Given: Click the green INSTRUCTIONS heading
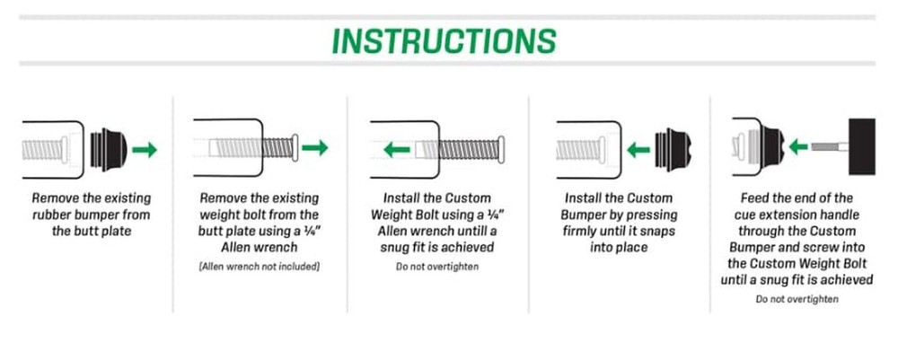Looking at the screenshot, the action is [x=444, y=40].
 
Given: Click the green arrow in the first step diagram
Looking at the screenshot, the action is [x=145, y=150].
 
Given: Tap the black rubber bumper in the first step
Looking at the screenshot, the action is [x=109, y=150].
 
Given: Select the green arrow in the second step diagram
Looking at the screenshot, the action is [x=315, y=147].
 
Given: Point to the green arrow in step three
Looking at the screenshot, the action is [x=397, y=150].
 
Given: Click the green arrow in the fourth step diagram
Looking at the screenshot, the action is [x=638, y=151].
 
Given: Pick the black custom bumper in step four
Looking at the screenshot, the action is [x=673, y=150].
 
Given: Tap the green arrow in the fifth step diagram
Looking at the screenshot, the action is [x=797, y=147].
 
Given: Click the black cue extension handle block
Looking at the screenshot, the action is [x=862, y=146].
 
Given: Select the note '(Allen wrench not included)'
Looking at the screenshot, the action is [x=259, y=267].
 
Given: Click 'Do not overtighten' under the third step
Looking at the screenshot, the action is [x=437, y=267].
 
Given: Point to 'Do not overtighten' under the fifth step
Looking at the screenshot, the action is [x=797, y=299].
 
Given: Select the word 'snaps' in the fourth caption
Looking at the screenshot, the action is [x=658, y=232].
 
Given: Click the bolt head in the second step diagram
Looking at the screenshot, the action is [x=295, y=147].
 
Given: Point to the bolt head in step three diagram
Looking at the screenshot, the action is [x=501, y=150].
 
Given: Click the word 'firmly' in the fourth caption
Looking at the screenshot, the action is [x=581, y=232].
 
